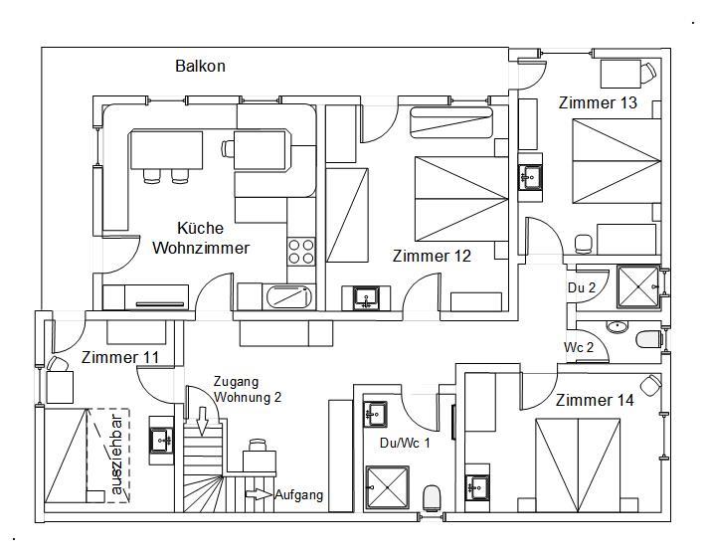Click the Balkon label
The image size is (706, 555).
coord(200,67)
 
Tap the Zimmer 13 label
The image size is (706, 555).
coord(597,103)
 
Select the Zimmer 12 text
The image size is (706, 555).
coord(432,256)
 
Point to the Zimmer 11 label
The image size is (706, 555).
coord(119,357)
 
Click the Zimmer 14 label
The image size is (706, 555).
coord(595,401)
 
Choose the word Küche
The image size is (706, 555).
coord(200,228)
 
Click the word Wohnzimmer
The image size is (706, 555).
coord(200,248)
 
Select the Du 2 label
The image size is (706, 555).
coord(582,287)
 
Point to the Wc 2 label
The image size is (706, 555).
coord(580,347)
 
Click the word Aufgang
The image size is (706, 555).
coord(299,495)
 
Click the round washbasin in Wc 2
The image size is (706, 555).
coord(617,326)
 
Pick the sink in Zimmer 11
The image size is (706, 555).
coord(161,439)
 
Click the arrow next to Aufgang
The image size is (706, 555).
coord(258,493)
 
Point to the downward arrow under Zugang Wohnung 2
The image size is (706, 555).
coord(202,424)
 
